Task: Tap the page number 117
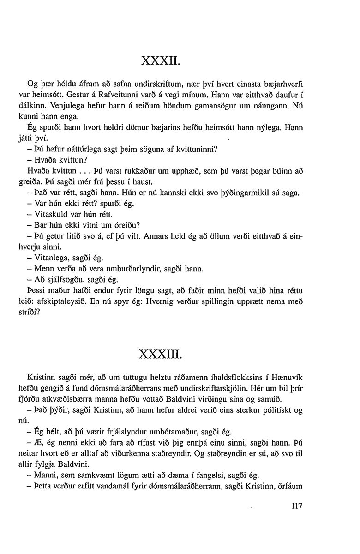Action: tap(294, 506)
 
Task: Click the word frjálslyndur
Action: tap(126, 432)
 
